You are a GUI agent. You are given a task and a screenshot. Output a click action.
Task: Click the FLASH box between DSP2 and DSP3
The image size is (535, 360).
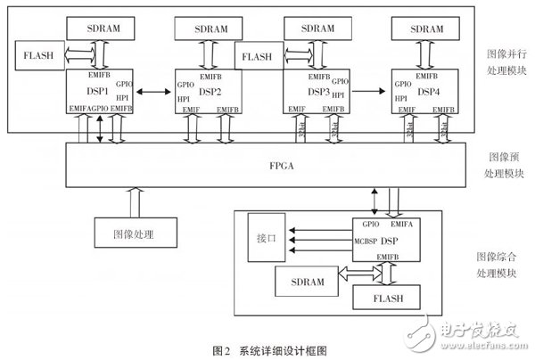point(257,58)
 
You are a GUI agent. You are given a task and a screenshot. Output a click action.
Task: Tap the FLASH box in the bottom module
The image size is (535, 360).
point(386,293)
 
